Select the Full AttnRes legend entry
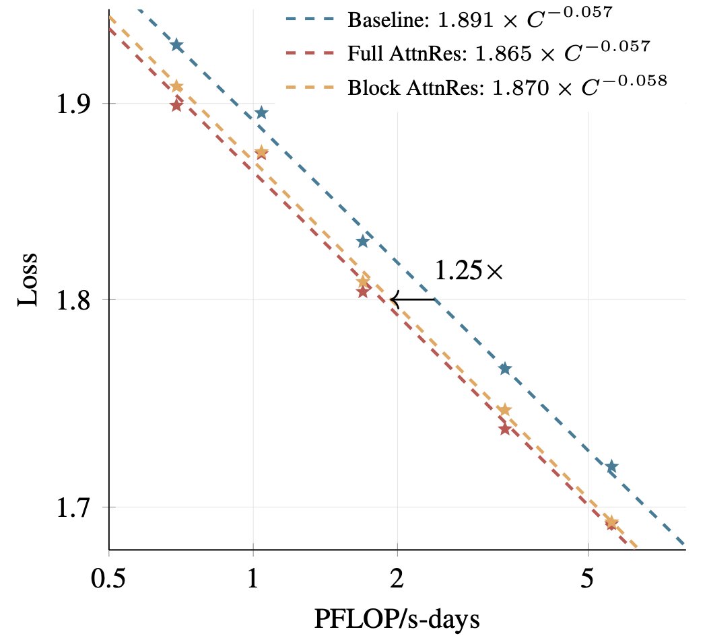pos(498,52)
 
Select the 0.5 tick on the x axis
pos(108,579)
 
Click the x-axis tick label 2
pos(397,579)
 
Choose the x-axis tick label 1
pos(252,579)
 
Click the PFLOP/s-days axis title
pos(397,618)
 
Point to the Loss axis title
pos(28,280)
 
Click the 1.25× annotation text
pos(469,271)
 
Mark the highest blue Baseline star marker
pos(177,45)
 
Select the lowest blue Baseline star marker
pos(611,466)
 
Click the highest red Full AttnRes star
pos(176,105)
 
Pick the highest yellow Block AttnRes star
pos(177,86)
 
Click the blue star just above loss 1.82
pos(363,241)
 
